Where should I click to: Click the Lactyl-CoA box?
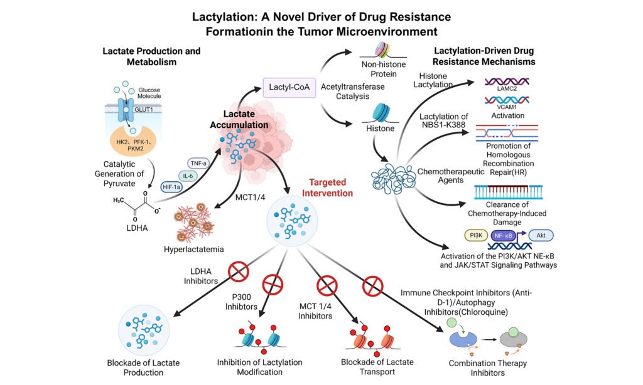[289, 87]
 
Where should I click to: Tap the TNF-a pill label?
[198, 163]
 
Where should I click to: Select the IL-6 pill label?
[188, 176]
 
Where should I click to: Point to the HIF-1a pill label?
[171, 187]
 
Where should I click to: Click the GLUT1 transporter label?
[144, 109]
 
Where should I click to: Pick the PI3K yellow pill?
[476, 235]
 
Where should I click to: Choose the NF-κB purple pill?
[503, 236]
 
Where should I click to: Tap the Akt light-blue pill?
[541, 235]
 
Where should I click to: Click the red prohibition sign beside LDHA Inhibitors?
[239, 271]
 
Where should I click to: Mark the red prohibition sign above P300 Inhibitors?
[273, 284]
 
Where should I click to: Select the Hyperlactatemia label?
[193, 249]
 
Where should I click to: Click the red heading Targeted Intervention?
[327, 187]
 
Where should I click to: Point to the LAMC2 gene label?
[507, 88]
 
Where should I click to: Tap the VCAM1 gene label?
[507, 107]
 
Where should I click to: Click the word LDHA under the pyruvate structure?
[137, 228]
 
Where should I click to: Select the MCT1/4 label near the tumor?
[250, 198]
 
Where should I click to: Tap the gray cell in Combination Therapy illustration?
[513, 338]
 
